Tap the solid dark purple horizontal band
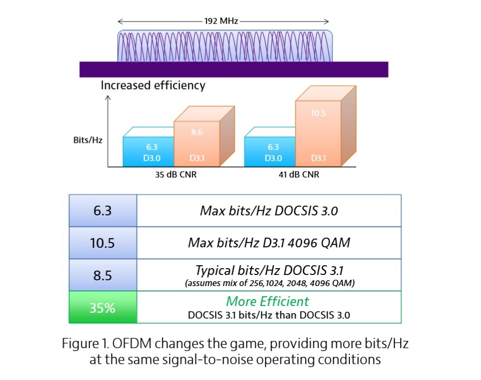click(233, 69)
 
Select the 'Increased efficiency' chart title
click(153, 86)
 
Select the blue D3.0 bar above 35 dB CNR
click(148, 152)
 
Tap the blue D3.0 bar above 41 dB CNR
click(270, 152)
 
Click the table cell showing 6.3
click(102, 211)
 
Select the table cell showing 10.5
click(102, 243)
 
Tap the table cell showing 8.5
click(102, 275)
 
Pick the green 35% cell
click(102, 307)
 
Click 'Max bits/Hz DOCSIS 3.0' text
click(269, 211)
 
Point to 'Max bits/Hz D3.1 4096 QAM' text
click(269, 243)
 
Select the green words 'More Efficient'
click(267, 301)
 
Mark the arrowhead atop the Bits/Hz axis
click(108, 97)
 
